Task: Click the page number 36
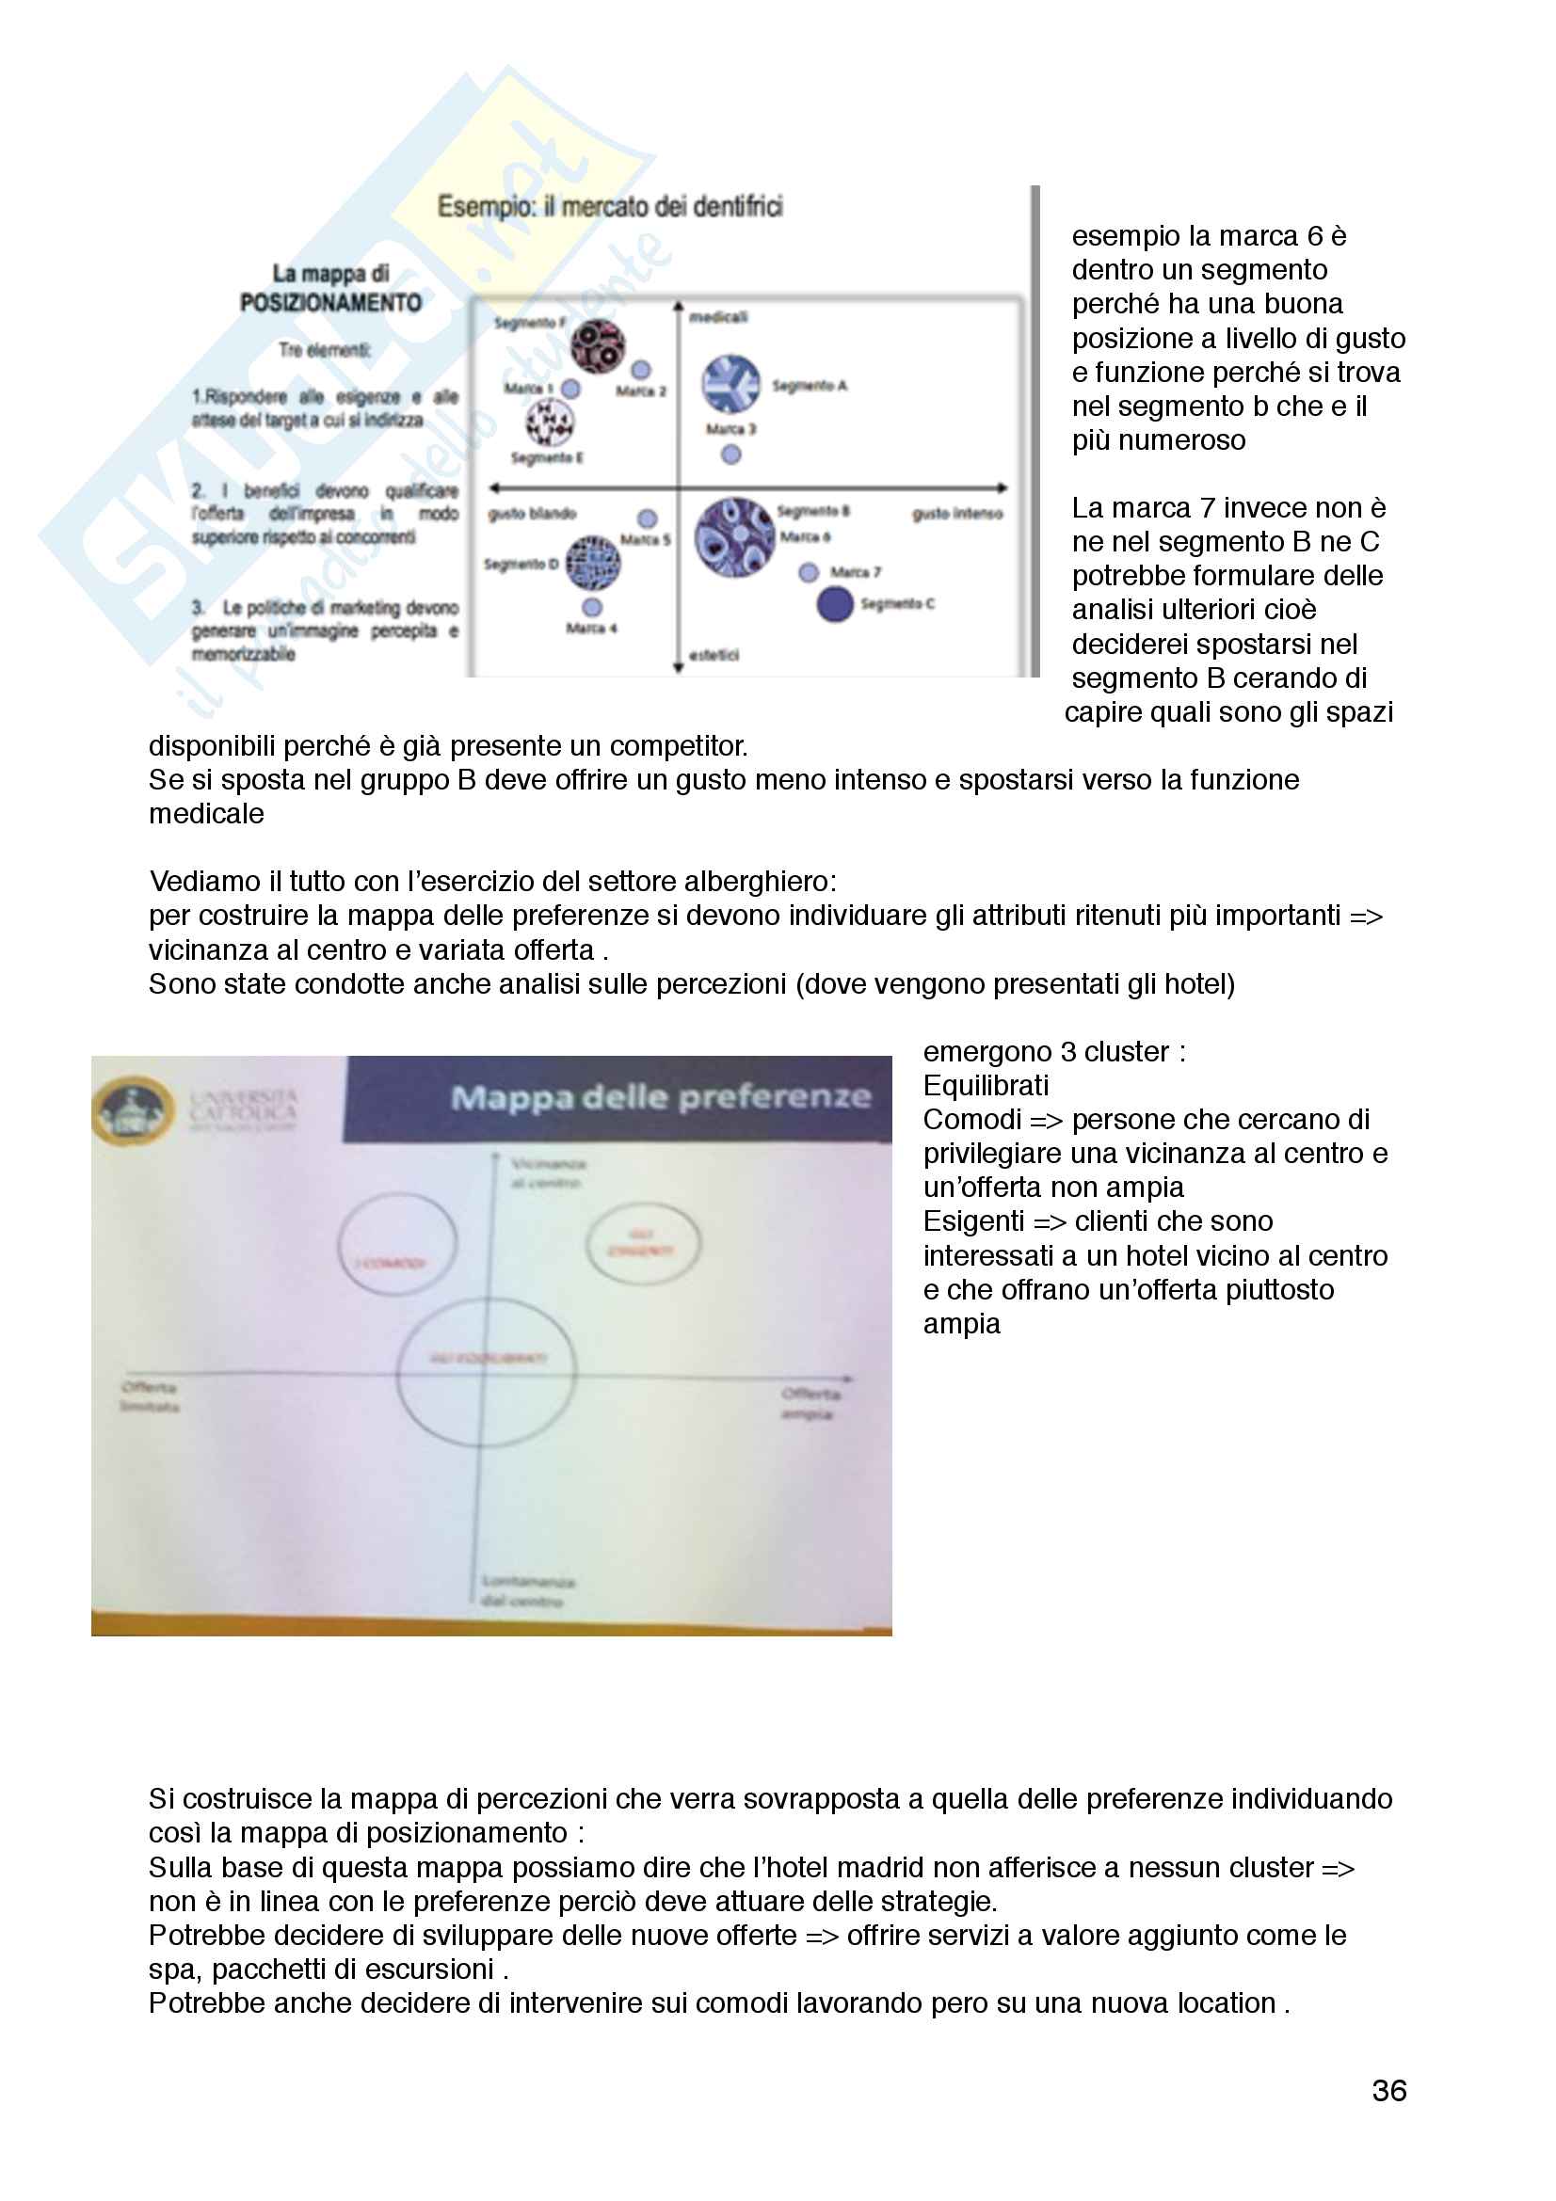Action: [1388, 2090]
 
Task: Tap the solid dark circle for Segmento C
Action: [834, 604]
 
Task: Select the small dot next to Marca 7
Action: [809, 572]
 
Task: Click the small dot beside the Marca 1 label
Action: [570, 389]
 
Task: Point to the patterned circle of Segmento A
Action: [730, 383]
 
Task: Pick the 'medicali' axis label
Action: [718, 316]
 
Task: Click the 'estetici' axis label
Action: [714, 655]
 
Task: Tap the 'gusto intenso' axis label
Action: [956, 514]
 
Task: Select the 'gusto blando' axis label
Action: [532, 514]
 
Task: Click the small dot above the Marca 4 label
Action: [592, 607]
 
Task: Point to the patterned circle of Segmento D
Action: [592, 563]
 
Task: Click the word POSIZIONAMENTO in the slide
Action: [330, 303]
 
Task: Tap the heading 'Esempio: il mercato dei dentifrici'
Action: [610, 206]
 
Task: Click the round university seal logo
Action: [133, 1111]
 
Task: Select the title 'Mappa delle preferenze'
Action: [661, 1096]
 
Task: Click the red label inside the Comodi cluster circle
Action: [391, 1263]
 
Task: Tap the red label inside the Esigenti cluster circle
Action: [641, 1243]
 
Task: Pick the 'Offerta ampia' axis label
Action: [811, 1403]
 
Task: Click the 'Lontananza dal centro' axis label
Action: [528, 1590]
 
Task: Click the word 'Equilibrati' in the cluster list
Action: [986, 1085]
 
